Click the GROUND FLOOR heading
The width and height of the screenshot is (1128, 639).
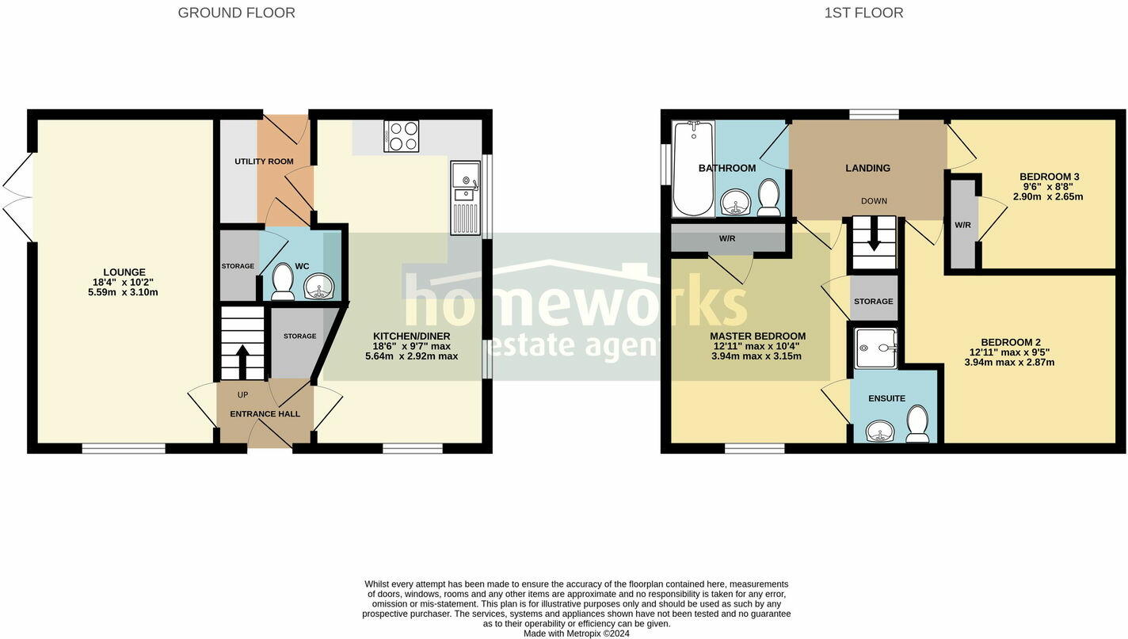[236, 13]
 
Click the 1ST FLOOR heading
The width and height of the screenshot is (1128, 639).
[863, 13]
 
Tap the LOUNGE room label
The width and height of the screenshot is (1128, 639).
[124, 272]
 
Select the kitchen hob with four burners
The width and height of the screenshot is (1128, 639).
[401, 136]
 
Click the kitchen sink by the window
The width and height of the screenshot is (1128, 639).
[465, 198]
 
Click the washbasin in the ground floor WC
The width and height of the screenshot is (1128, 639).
[319, 286]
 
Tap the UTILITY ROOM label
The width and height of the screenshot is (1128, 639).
[264, 162]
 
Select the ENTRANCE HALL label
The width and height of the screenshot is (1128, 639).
[265, 413]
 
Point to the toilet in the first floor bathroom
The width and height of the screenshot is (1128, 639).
[768, 197]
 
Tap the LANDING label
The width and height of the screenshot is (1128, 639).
[867, 168]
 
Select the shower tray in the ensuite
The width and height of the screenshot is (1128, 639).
[876, 348]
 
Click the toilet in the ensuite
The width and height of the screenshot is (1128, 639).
[917, 425]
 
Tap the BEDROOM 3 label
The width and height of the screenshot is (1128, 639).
[1049, 177]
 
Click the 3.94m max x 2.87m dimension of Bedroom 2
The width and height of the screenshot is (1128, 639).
[1009, 363]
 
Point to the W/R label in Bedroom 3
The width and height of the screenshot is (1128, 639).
[962, 225]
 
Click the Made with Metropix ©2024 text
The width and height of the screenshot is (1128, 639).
[576, 633]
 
